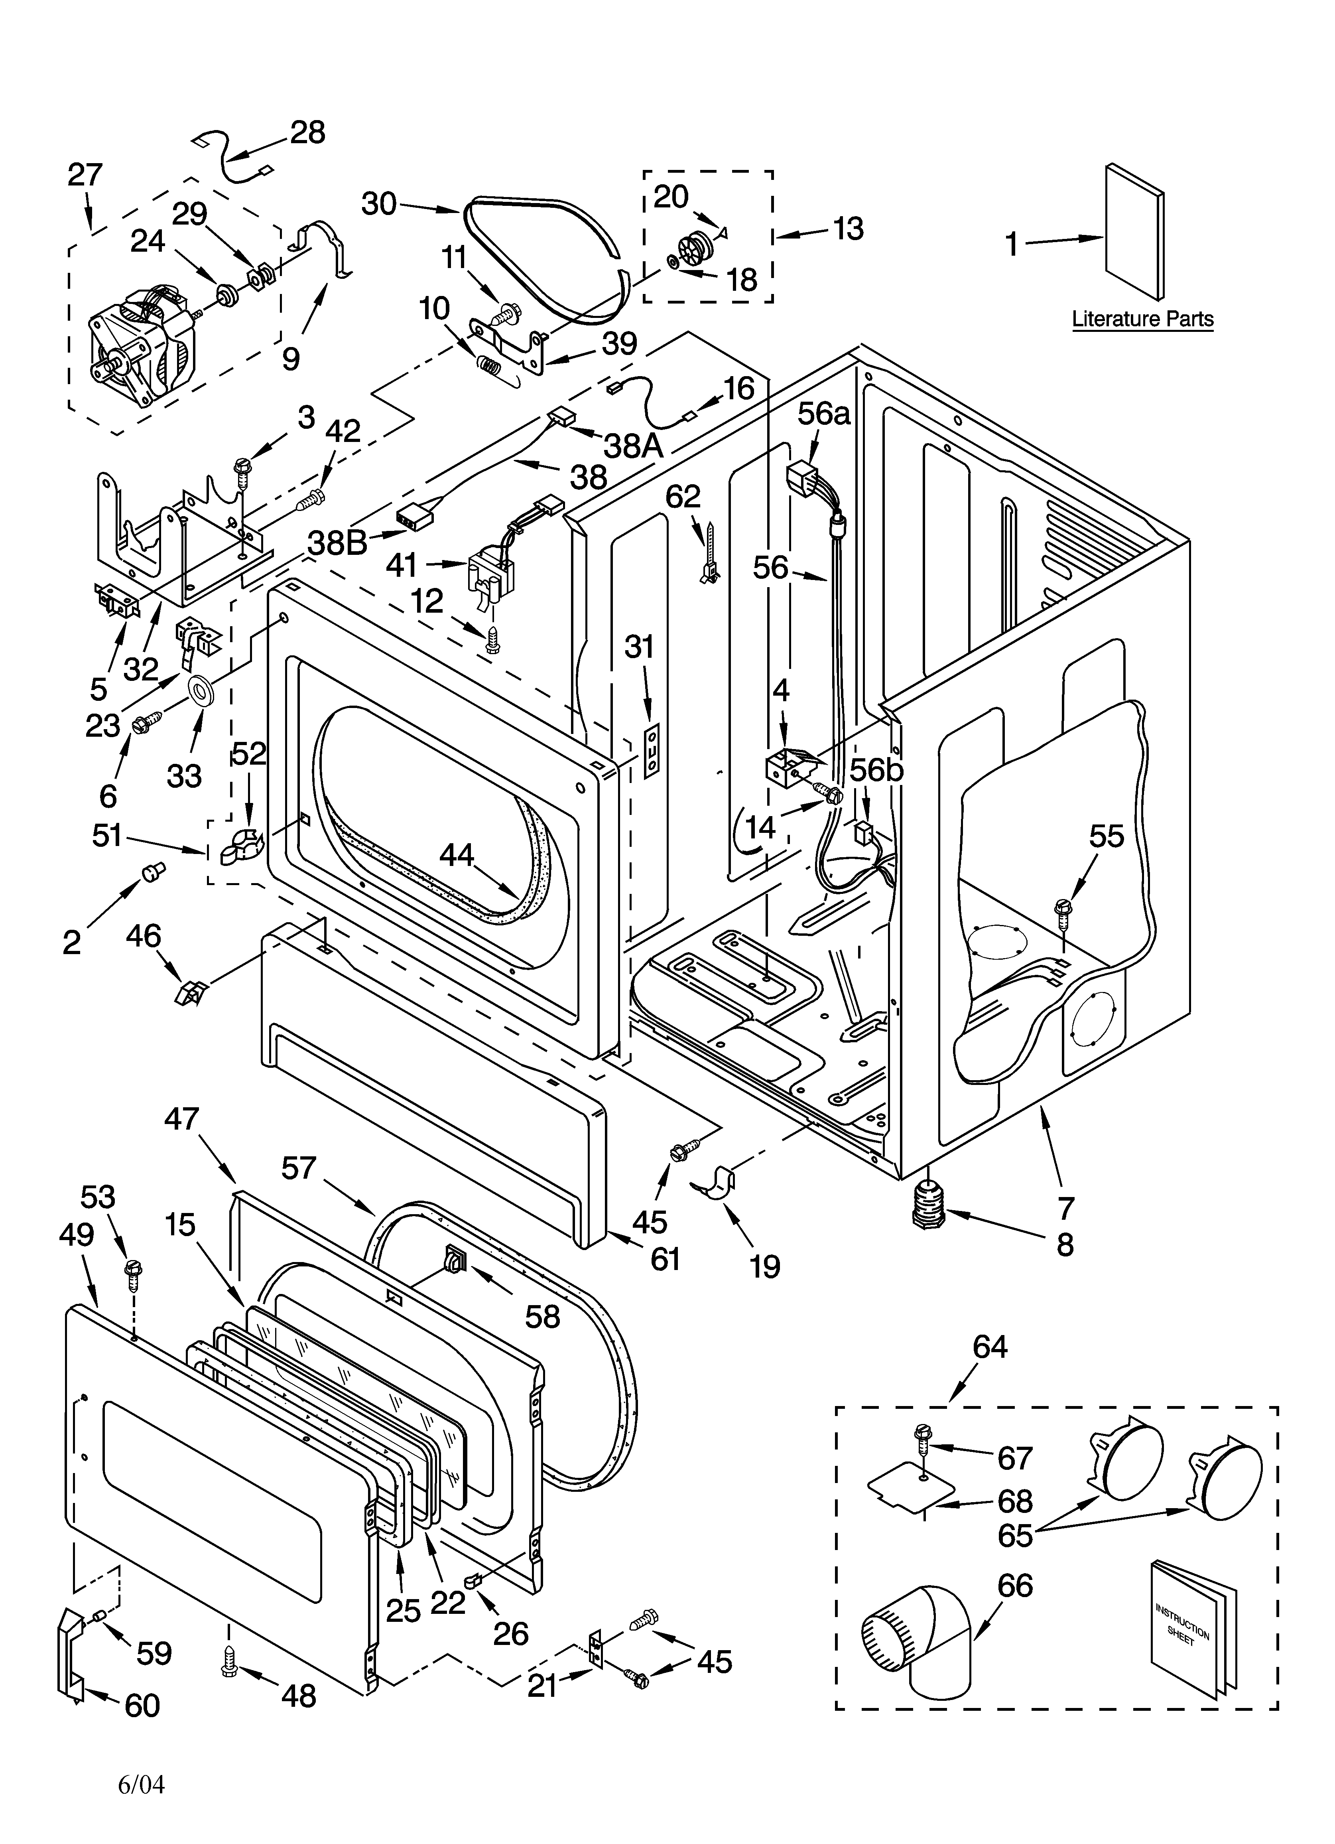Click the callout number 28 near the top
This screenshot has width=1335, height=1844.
click(x=307, y=132)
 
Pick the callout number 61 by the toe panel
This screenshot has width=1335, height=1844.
click(x=665, y=1258)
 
